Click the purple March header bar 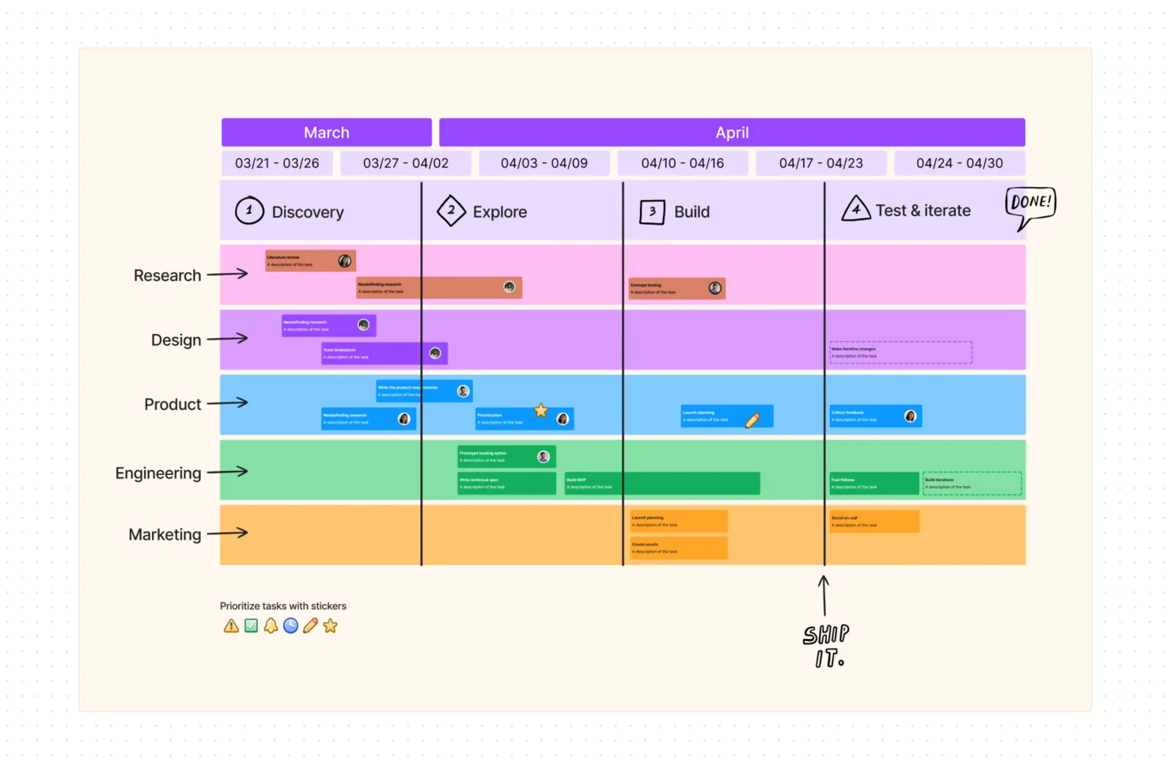326,132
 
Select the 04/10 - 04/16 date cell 682,163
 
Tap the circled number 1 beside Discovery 249,211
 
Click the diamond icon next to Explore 451,211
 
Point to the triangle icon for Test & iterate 855,209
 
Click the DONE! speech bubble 1030,203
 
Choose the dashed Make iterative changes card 900,352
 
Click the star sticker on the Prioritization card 541,410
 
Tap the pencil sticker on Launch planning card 752,420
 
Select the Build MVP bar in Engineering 661,483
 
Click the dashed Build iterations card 972,483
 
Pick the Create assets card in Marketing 678,548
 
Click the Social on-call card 874,521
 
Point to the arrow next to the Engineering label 227,472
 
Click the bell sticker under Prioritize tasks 271,626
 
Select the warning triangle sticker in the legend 231,626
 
